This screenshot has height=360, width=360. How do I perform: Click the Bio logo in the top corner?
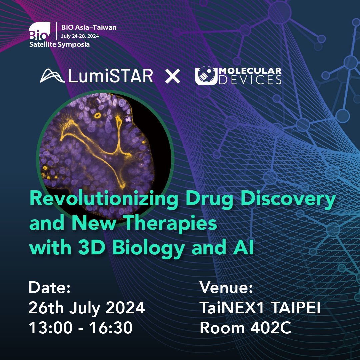click(39, 31)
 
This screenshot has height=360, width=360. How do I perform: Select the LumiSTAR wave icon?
click(52, 76)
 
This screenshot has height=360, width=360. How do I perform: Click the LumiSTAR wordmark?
click(111, 76)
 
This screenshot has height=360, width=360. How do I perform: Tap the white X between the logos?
click(173, 76)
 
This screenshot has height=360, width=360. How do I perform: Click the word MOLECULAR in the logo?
click(250, 71)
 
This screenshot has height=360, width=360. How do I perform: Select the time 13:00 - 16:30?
click(81, 328)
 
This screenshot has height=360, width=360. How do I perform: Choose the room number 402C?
click(271, 328)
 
